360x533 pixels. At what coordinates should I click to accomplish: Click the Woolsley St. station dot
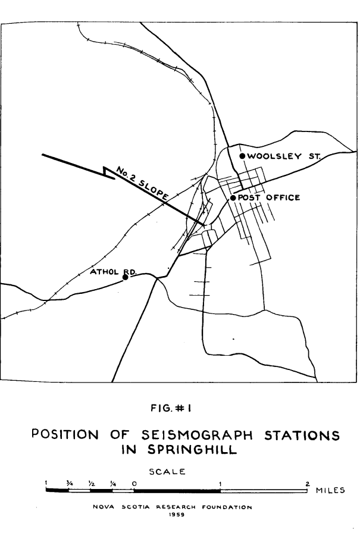pos(242,156)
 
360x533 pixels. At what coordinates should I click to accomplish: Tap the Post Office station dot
pos(233,197)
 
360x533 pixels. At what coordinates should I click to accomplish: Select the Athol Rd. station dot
pos(126,277)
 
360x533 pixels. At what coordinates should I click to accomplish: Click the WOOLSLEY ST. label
pos(283,156)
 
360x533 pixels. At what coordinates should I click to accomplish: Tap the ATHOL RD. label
pos(113,272)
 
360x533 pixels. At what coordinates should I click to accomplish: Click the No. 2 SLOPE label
pos(143,184)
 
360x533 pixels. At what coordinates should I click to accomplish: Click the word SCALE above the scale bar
pos(168,472)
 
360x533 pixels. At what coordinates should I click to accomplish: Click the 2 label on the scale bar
pos(307,483)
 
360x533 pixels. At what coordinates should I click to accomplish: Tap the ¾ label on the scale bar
pos(69,483)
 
